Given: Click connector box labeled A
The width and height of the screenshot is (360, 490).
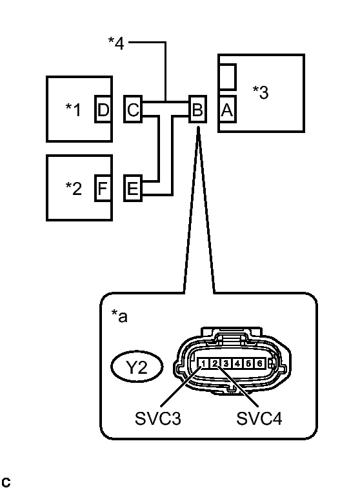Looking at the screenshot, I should tap(227, 110).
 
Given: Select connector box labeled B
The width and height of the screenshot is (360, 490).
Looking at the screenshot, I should tap(197, 110).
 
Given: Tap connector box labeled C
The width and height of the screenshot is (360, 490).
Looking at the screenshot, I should tap(133, 110).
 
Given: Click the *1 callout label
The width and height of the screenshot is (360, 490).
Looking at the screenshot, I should tap(73, 110).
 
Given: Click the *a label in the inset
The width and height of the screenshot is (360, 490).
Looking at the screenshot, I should tap(119, 317).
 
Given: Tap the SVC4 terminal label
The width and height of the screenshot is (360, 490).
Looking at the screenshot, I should tap(258, 419).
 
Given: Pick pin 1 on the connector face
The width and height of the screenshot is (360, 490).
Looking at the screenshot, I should tap(204, 364).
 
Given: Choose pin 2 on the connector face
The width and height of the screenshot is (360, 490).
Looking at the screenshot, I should tap(215, 364).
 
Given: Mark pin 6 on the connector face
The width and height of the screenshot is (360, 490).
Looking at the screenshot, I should tap(259, 364).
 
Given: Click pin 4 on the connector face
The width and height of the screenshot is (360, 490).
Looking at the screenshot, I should tap(237, 364).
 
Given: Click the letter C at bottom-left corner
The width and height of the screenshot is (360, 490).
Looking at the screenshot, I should tap(6, 482).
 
